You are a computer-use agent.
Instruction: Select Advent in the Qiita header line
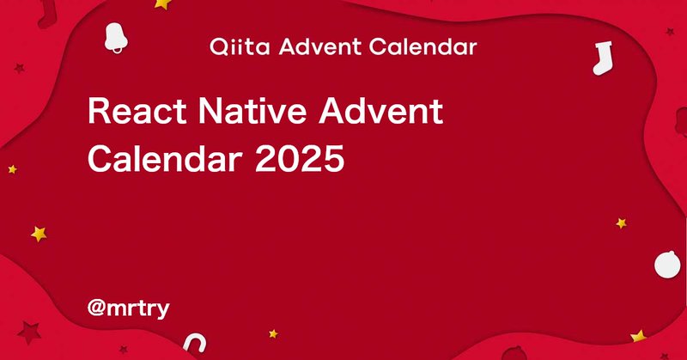320,46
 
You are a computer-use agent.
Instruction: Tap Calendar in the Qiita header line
423,46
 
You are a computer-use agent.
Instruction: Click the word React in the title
137,111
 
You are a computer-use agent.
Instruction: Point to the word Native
252,111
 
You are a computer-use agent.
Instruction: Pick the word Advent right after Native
380,111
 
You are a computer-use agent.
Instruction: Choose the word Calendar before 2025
166,158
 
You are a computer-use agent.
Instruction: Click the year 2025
300,158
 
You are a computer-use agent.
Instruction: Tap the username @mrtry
128,308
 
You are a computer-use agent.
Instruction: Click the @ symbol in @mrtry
96,308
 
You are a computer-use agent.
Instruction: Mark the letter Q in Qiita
218,47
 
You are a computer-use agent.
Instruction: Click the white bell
116,37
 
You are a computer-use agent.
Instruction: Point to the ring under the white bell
118,50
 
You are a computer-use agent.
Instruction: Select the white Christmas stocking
603,58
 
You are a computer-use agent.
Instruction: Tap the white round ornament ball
667,265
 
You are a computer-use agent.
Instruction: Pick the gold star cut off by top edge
162,4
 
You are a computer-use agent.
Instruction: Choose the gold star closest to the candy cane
273,333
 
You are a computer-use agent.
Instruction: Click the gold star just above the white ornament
621,223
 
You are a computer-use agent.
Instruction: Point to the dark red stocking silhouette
47,13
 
